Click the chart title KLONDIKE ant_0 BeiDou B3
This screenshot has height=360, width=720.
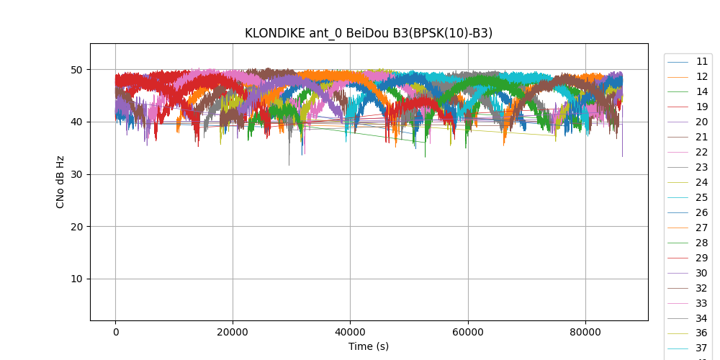click(369, 33)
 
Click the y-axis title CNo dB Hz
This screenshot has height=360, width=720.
click(60, 182)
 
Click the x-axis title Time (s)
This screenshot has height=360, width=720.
click(369, 346)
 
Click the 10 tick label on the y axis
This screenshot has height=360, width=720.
click(77, 279)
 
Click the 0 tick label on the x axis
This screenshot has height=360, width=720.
click(115, 332)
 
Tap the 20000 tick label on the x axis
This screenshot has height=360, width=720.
click(233, 332)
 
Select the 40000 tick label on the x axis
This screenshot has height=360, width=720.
click(350, 332)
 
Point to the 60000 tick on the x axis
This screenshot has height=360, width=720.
click(467, 332)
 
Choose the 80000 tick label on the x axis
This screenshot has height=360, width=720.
click(585, 332)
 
